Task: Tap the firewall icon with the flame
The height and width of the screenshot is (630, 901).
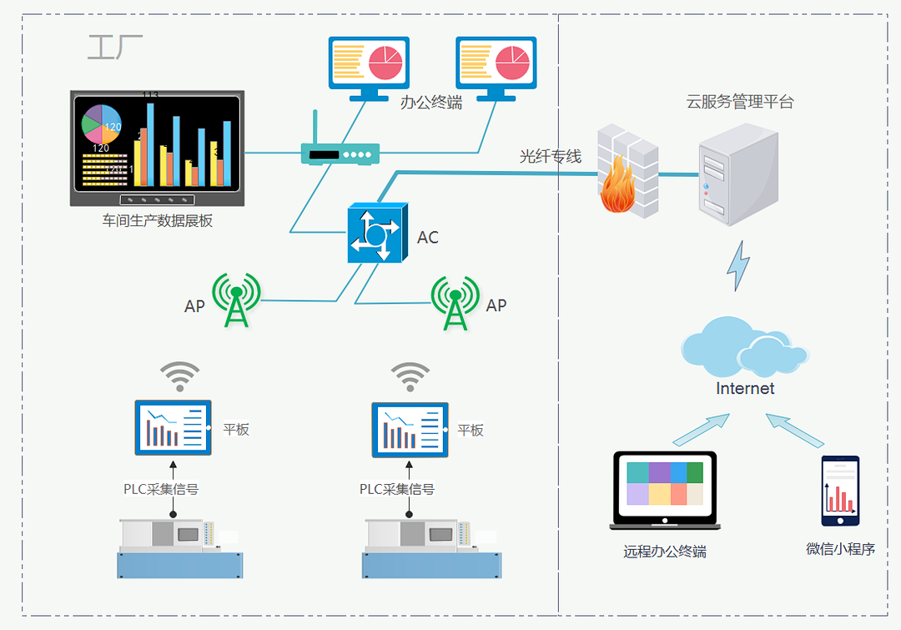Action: (627, 172)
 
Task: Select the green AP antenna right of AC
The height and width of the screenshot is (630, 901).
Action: (455, 303)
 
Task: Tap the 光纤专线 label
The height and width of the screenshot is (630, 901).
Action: (551, 156)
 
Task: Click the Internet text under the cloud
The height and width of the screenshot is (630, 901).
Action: (745, 389)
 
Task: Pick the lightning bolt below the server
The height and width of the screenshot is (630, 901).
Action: (738, 265)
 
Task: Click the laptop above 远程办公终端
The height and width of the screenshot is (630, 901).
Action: (665, 491)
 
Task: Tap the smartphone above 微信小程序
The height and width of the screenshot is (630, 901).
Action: (839, 491)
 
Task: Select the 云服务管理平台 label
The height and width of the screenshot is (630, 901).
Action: (740, 102)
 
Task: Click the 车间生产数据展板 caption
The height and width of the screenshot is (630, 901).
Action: (158, 221)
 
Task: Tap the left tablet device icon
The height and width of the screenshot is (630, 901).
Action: (174, 428)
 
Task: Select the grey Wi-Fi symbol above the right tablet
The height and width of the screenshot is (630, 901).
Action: (410, 376)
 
